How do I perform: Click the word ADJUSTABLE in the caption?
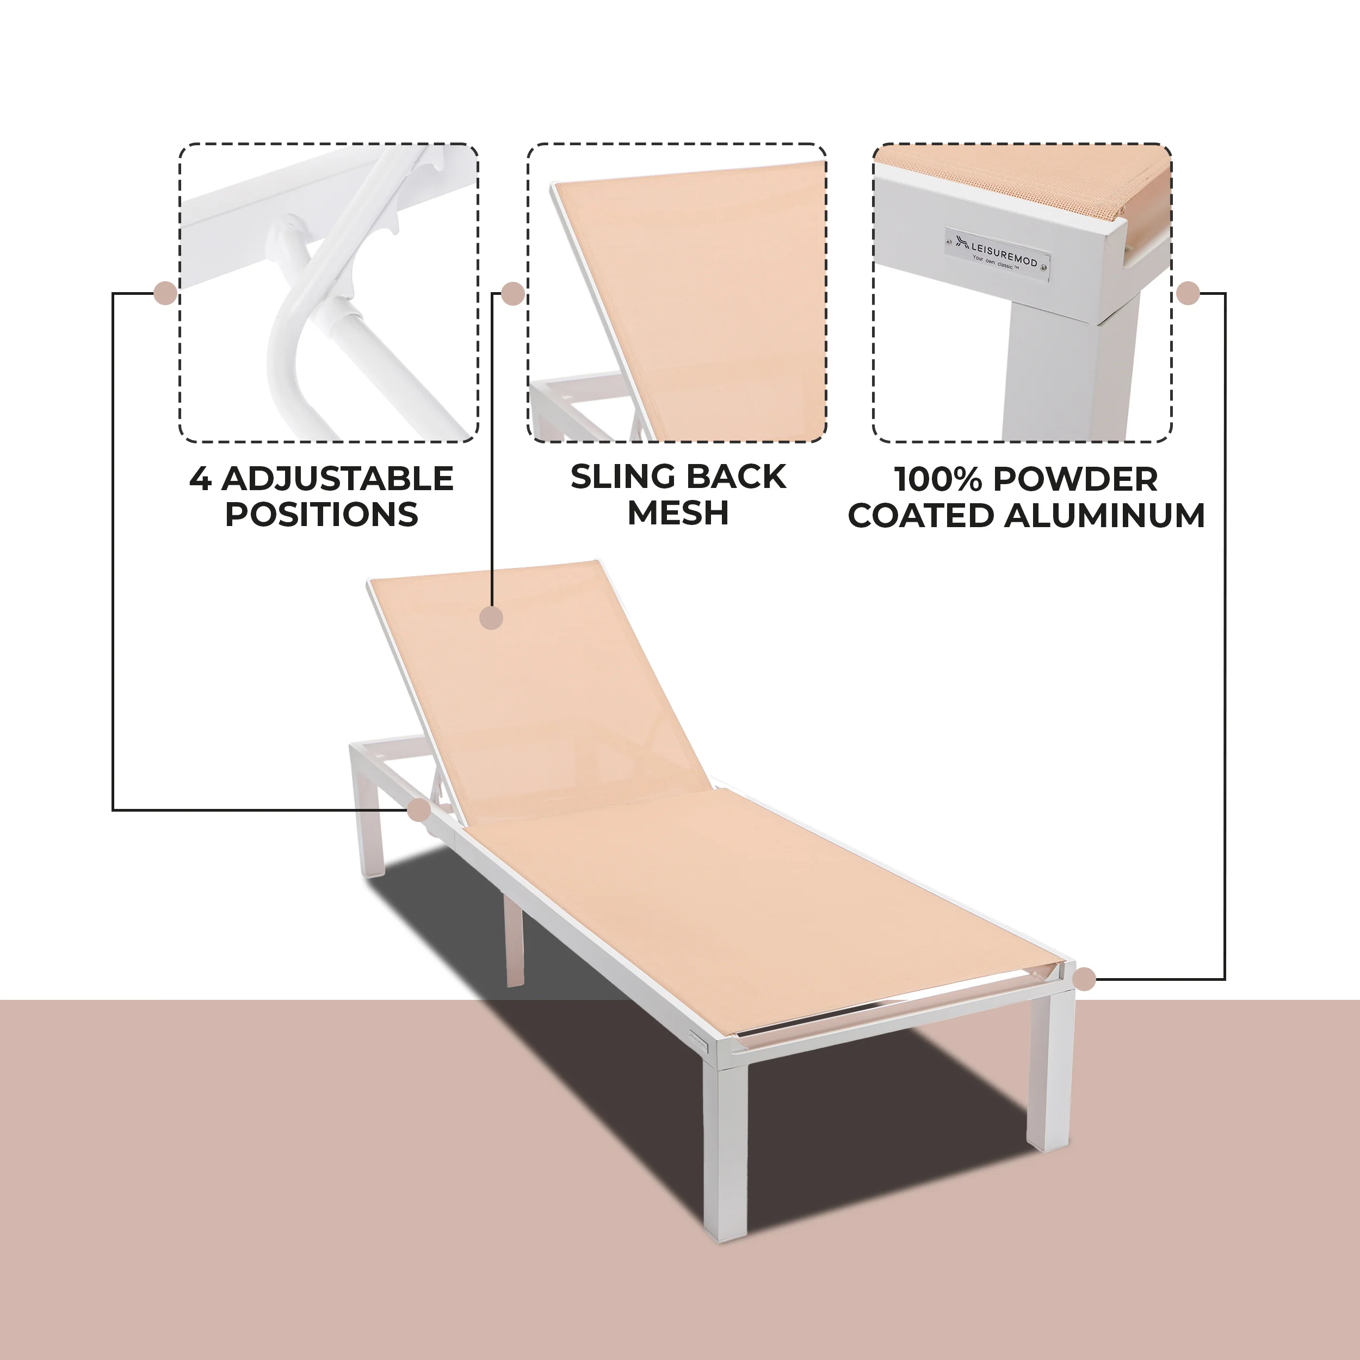(337, 479)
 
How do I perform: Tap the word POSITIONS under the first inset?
(321, 514)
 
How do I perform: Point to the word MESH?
(677, 512)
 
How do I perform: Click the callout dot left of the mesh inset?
(513, 294)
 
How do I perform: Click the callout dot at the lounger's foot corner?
(1085, 979)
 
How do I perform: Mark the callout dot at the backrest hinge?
(419, 809)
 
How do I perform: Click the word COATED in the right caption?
(922, 515)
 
